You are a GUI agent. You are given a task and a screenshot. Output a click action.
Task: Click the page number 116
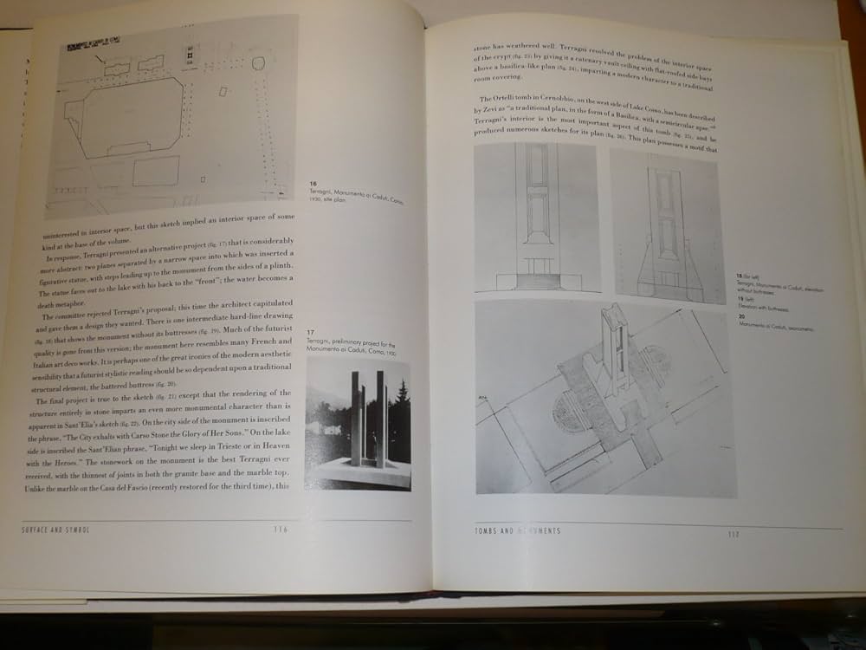pyautogui.click(x=280, y=530)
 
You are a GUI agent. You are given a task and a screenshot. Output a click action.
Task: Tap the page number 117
pyautogui.click(x=734, y=533)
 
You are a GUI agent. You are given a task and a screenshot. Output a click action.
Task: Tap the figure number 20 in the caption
pyautogui.click(x=741, y=316)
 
